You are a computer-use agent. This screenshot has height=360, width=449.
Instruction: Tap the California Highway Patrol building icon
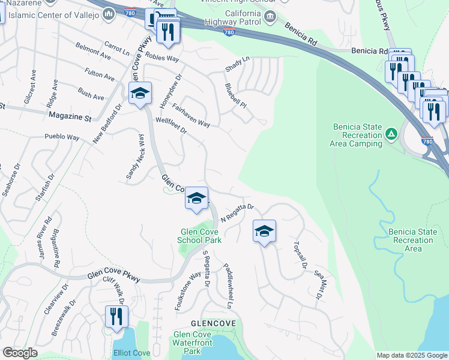click(x=270, y=16)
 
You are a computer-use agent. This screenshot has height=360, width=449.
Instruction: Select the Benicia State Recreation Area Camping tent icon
click(x=391, y=133)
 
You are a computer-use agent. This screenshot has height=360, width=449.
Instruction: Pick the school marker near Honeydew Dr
click(x=140, y=94)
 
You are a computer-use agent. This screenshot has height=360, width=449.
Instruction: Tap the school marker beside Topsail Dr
click(x=264, y=231)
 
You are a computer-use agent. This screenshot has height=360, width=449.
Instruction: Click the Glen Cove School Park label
click(x=199, y=236)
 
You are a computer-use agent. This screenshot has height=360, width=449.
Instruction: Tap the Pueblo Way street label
click(x=62, y=137)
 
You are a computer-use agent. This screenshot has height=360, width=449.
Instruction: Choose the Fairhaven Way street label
click(x=190, y=115)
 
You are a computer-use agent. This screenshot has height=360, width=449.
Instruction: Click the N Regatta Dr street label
click(x=238, y=212)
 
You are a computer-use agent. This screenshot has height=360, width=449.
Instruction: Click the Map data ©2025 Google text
click(x=411, y=355)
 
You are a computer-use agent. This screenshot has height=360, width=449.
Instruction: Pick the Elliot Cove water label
click(x=131, y=353)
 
